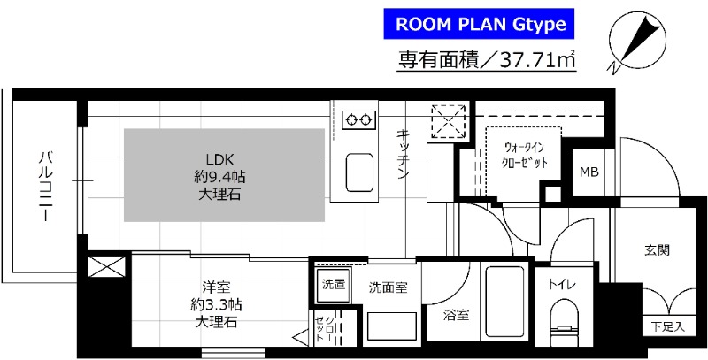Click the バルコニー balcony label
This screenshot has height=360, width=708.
point(43,185)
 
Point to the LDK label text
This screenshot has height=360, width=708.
point(219,161)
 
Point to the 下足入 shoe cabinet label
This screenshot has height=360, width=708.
point(668,326)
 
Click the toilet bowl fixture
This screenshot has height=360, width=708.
point(561,324)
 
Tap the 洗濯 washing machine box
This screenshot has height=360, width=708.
point(333,286)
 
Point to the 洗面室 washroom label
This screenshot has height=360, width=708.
point(389,287)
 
